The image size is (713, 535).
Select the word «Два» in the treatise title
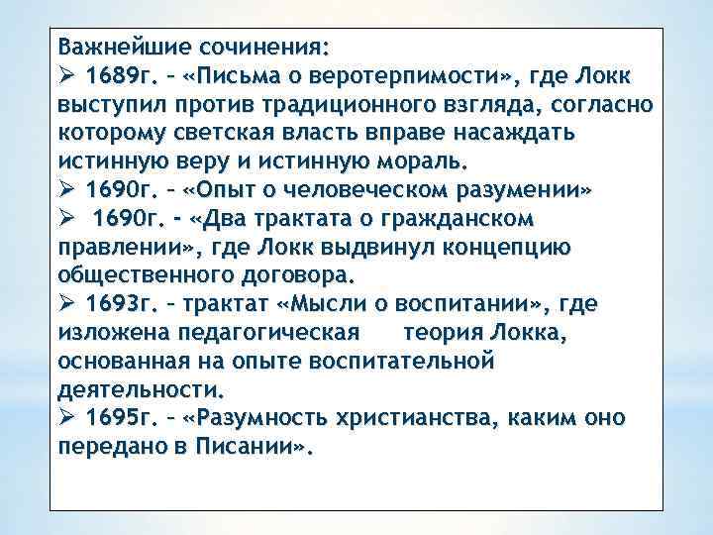(x=223, y=216)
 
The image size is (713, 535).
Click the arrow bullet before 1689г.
(x=67, y=76)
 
